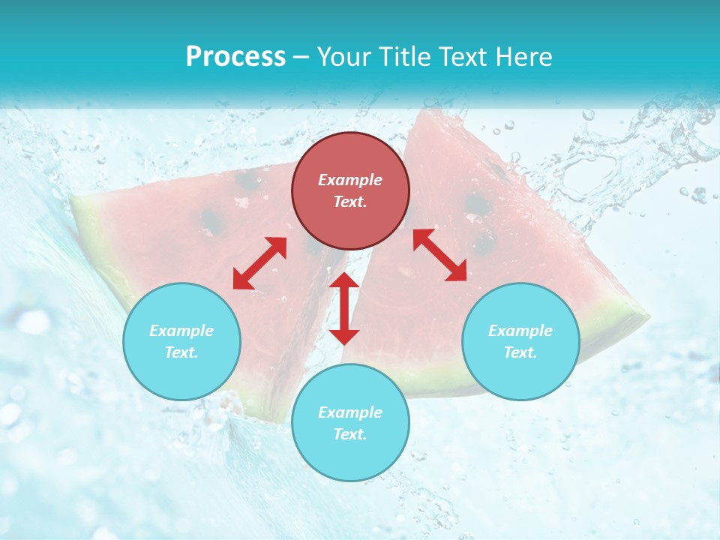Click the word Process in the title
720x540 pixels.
tap(235, 56)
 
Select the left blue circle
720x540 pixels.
tap(181, 341)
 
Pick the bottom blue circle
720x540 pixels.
tap(350, 423)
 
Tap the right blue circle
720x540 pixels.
tap(520, 341)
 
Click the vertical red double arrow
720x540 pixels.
tap(344, 308)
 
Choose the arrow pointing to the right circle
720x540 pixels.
tap(440, 255)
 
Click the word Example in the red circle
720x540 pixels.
tap(350, 180)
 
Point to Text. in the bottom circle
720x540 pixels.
tap(350, 434)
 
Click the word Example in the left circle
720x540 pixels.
tap(181, 331)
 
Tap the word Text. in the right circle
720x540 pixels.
tap(520, 352)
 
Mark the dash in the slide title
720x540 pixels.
tap(301, 57)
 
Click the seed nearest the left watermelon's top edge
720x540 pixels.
tap(247, 180)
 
